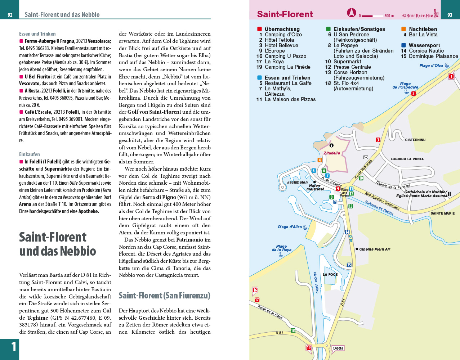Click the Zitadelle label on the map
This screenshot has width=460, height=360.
click(x=331, y=153)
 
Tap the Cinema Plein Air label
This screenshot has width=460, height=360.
click(x=375, y=249)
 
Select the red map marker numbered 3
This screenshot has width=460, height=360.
click(x=378, y=140)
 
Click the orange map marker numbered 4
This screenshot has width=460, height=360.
click(x=320, y=160)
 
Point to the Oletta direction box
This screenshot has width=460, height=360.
click(x=338, y=348)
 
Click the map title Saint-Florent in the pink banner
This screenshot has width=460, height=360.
click(x=285, y=14)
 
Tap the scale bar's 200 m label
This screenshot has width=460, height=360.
click(x=389, y=16)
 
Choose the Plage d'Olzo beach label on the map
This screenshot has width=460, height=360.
click(x=431, y=66)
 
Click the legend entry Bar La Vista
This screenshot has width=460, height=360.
click(x=423, y=35)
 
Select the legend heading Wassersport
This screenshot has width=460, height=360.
click(x=424, y=45)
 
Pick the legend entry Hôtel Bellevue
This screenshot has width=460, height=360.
click(x=281, y=45)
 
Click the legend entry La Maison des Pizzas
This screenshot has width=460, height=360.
click(x=290, y=99)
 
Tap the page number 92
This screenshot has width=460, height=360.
click(x=10, y=15)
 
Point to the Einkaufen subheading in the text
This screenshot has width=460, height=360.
click(x=30, y=154)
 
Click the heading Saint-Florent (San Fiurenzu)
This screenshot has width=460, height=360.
click(x=164, y=296)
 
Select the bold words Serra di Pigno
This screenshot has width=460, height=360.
click(x=159, y=197)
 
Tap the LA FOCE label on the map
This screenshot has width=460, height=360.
click(x=330, y=275)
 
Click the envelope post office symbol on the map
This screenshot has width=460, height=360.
click(x=366, y=157)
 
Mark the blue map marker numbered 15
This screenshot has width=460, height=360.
click(x=349, y=265)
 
